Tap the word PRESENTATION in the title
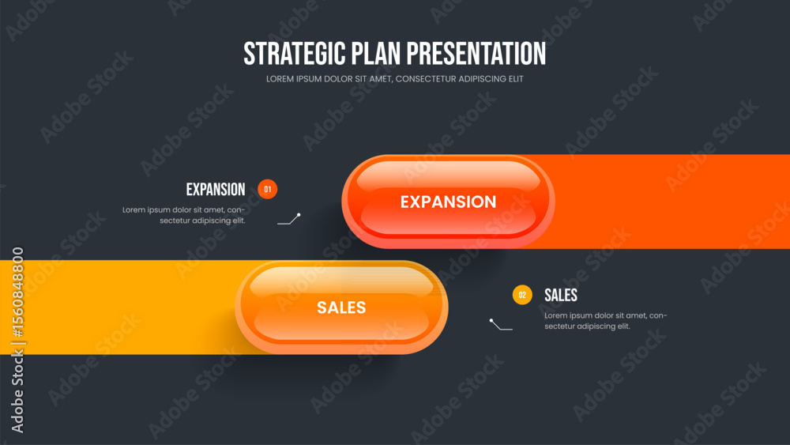pos(476,54)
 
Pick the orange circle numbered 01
pos(268,190)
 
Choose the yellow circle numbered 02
pos(522,295)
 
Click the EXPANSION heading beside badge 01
pos(216,190)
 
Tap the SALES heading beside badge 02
pos(561,296)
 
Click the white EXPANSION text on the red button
pos(449,202)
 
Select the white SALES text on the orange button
pos(341,307)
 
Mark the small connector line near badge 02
pos(500,325)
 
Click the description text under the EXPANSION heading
pos(184,215)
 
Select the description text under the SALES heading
pos(606,321)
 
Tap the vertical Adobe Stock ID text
pos(17,340)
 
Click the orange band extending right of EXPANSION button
pos(670,202)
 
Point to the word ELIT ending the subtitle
pos(515,79)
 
